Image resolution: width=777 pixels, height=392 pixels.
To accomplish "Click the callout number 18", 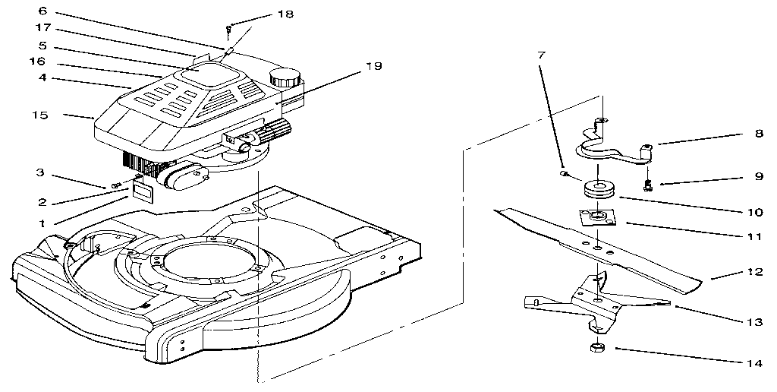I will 263,14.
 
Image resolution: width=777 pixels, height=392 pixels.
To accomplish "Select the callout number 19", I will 373,66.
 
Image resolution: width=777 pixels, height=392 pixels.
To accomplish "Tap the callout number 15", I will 40,115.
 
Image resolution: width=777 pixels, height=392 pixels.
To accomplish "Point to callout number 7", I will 541,56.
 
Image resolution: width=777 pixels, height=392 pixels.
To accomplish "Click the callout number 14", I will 753,363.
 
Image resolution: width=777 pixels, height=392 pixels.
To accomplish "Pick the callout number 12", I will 753,272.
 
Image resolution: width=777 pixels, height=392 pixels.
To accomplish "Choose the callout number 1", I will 42,223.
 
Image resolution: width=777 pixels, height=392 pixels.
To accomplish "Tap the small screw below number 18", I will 228,30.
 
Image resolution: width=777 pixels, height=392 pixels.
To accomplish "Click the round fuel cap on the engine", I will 285,77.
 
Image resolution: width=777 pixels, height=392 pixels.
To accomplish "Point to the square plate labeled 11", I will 598,217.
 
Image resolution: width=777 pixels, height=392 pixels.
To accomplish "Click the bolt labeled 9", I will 646,183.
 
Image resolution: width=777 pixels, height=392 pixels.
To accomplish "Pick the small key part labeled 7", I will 564,174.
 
